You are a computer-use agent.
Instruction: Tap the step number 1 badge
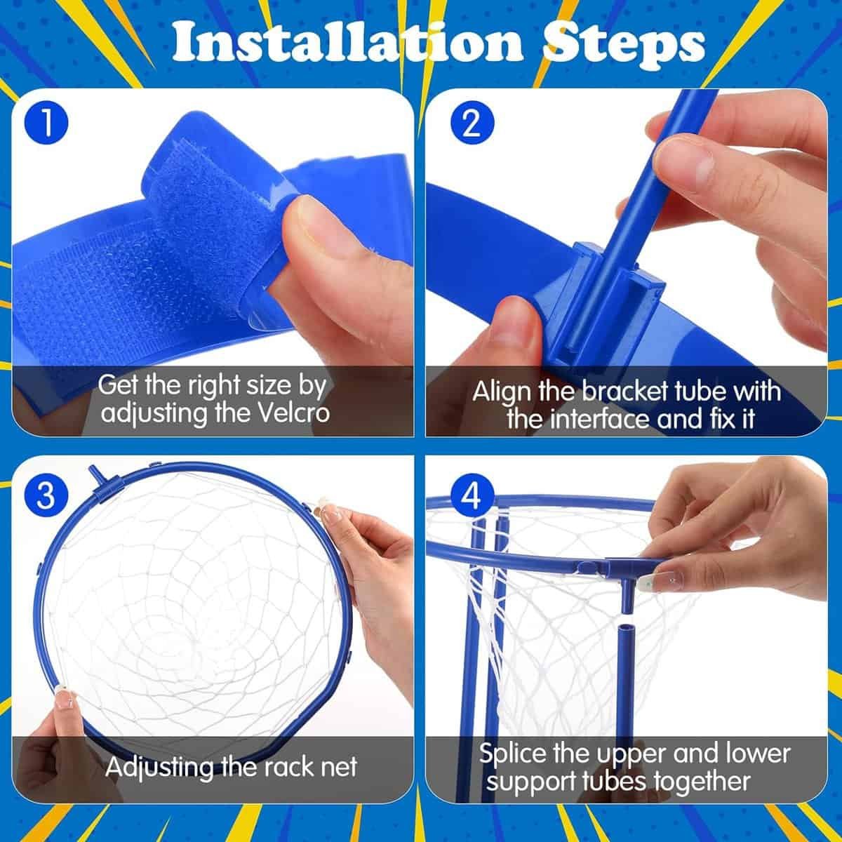click(x=47, y=123)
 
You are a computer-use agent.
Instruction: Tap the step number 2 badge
click(x=472, y=123)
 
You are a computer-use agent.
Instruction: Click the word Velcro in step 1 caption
click(x=293, y=412)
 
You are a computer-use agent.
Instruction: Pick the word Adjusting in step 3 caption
click(x=159, y=767)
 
